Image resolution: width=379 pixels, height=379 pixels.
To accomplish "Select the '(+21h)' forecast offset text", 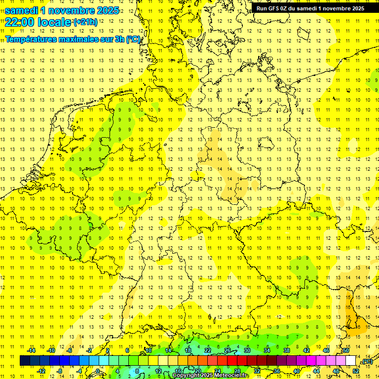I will point(85,22).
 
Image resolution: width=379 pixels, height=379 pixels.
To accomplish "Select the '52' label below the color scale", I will point(356,371).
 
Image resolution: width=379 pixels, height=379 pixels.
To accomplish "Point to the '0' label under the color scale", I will point(98,371).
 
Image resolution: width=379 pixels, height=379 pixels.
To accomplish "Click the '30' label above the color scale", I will point(247,350).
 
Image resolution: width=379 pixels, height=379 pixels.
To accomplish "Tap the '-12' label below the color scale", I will point(41,371).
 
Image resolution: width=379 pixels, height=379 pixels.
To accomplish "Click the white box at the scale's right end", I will point(350,360).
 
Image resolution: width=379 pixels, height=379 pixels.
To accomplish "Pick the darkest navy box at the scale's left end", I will point(25,360).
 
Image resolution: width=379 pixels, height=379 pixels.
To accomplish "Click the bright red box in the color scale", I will point(232,360).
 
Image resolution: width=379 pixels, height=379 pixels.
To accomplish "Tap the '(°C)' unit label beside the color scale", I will point(367,361).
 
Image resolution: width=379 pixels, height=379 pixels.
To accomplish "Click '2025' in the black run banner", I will point(355,8).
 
